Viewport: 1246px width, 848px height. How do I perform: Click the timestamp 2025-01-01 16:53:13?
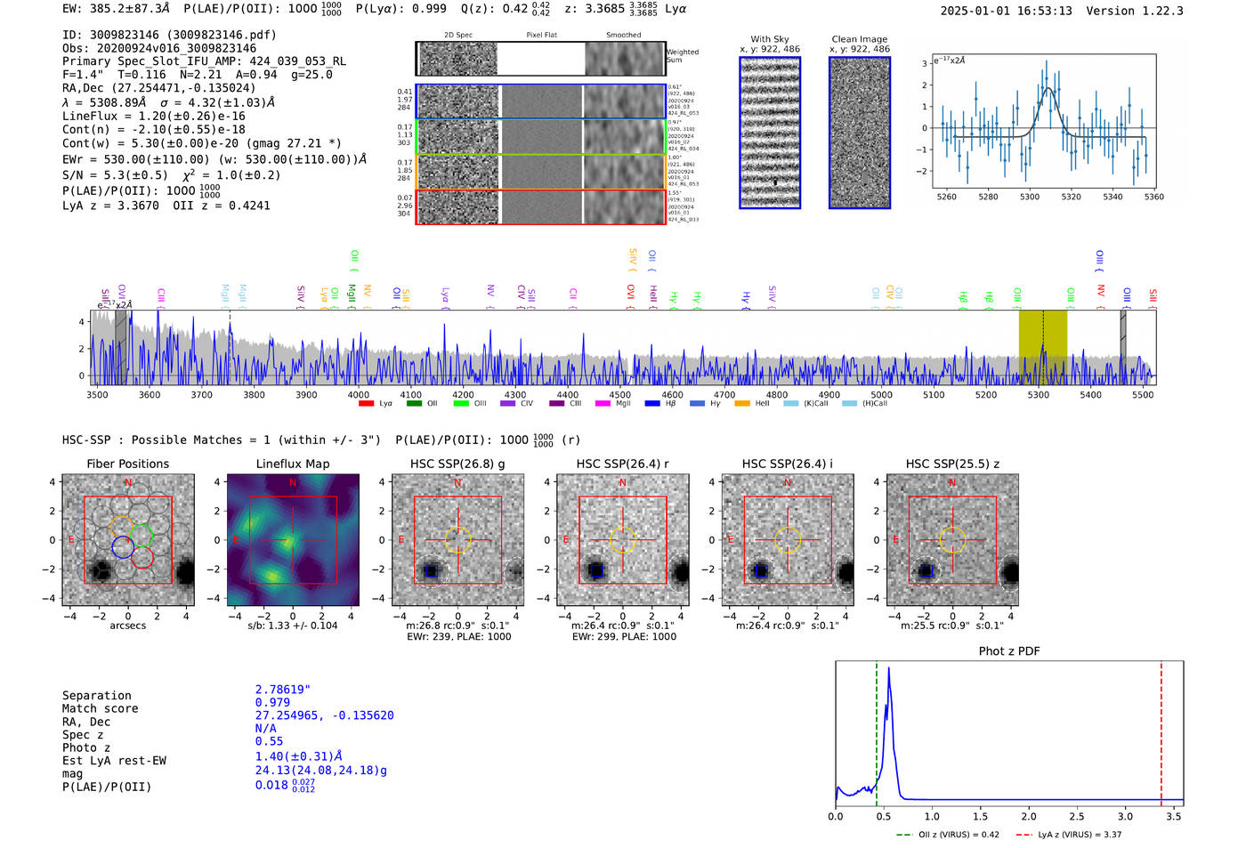[1006, 12]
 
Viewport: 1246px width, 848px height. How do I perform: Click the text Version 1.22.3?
[1135, 12]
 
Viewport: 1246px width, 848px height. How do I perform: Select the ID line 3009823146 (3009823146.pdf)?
[169, 35]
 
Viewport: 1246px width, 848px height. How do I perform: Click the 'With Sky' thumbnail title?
[770, 39]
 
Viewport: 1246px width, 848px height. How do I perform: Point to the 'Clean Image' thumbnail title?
[859, 39]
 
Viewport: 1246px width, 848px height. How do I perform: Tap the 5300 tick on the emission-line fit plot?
[1030, 197]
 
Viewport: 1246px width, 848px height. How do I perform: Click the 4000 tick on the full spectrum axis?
[359, 394]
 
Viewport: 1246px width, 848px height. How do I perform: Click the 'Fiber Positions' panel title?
[127, 464]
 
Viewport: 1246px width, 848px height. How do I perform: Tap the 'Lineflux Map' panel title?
[293, 464]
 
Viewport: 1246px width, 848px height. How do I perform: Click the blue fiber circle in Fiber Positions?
[123, 548]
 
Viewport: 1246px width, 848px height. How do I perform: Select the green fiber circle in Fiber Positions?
[142, 536]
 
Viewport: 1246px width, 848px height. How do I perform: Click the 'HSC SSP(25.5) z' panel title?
[952, 464]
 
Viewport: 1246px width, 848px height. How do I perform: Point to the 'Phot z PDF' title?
[1009, 651]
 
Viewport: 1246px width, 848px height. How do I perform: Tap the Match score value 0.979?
[272, 703]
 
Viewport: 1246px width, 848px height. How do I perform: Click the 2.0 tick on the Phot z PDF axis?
[1029, 816]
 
